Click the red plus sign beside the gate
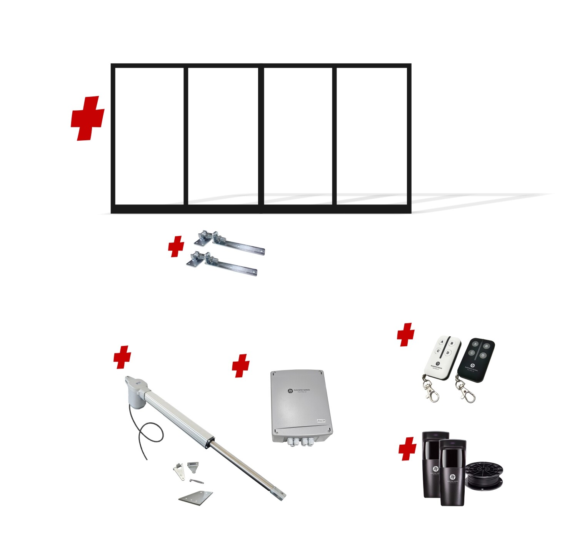click(x=88, y=118)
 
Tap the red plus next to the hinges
click(x=176, y=247)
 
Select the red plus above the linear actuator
click(x=122, y=357)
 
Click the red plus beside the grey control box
click(x=241, y=366)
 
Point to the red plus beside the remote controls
click(x=406, y=334)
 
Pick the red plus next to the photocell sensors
click(x=408, y=449)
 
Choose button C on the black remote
click(x=472, y=352)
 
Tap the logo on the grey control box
click(x=290, y=390)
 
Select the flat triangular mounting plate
click(x=196, y=497)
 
